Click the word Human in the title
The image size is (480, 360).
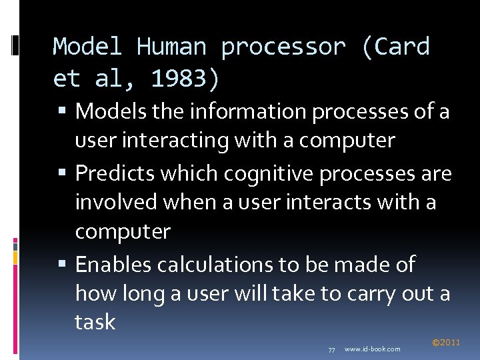pos(171,47)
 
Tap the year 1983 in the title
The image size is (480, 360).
pos(179,79)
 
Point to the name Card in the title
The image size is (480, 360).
pos(403,47)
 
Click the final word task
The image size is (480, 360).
pos(95,322)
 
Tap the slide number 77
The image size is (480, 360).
pos(331,349)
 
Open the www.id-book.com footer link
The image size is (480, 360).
pos(372,349)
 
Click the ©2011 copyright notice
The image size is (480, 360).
pos(446,343)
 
